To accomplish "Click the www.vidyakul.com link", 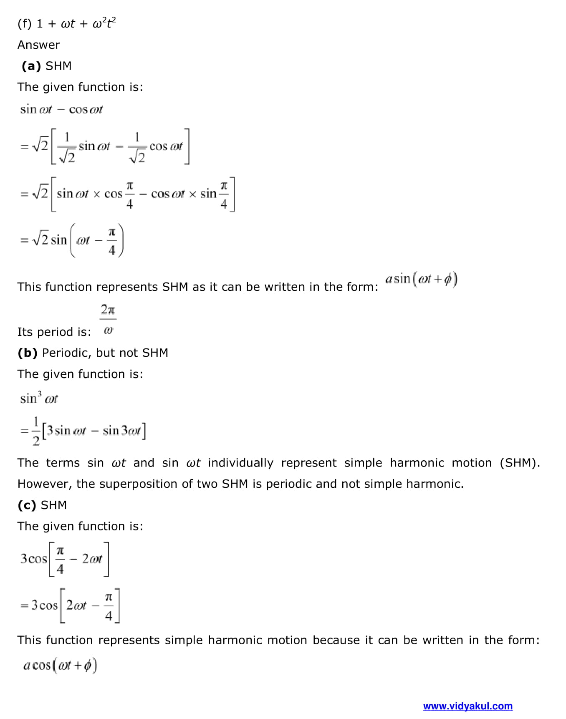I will [x=467, y=706].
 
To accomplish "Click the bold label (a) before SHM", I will [x=31, y=66].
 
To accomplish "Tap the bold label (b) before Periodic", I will [x=28, y=353].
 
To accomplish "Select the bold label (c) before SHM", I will [x=27, y=505].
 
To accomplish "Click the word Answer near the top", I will [x=39, y=45].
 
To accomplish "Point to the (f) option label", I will [x=24, y=24].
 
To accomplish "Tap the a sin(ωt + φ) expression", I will [x=421, y=279].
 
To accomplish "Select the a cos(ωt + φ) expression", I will [x=60, y=665].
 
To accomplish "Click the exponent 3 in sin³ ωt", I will [x=40, y=393].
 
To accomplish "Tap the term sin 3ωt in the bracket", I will [x=121, y=430].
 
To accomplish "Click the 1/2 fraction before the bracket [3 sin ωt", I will [x=36, y=431].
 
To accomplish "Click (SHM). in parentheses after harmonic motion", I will [x=519, y=463].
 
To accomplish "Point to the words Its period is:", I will [x=54, y=332].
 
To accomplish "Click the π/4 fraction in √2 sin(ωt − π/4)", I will [x=111, y=241].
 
